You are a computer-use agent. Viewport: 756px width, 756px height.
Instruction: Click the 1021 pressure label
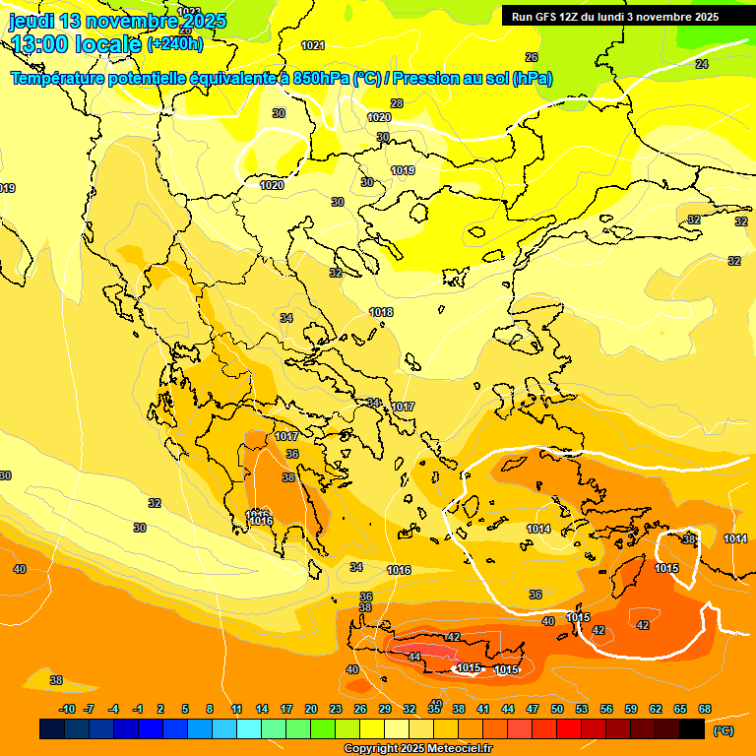(x=313, y=45)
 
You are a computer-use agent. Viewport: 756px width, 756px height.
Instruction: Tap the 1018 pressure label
(x=382, y=312)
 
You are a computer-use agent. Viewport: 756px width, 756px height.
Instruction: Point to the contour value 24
(x=701, y=64)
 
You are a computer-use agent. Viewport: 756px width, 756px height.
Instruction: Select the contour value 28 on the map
(x=397, y=103)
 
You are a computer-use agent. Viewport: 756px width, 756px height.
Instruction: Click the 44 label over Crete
(x=414, y=657)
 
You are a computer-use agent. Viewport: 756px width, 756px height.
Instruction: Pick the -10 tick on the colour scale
(x=67, y=709)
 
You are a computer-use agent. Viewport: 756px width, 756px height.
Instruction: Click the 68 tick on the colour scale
(x=705, y=709)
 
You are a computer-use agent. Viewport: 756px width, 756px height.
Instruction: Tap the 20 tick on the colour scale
(x=311, y=709)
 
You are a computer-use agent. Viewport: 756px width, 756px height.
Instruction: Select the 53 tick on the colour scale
(x=582, y=709)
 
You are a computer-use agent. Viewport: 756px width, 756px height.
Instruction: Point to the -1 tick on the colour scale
(x=139, y=709)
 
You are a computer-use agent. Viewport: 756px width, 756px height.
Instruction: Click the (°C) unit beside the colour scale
(x=723, y=730)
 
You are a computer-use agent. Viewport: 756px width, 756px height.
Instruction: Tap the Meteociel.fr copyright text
(x=417, y=749)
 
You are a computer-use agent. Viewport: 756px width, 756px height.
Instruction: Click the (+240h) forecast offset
(x=174, y=43)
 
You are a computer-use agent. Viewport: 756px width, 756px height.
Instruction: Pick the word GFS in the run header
(x=548, y=17)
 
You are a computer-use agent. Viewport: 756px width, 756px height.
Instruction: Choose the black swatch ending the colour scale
(x=692, y=729)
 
